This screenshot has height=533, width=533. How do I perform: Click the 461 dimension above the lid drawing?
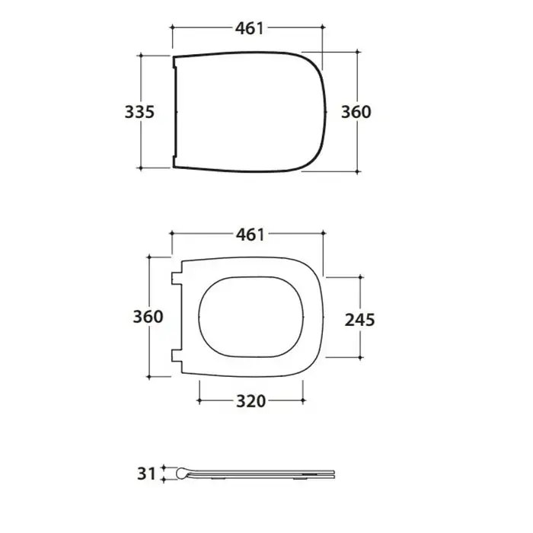[250, 29]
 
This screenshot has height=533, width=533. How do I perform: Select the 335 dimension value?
[139, 112]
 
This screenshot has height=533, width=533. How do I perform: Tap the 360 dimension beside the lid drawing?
[356, 112]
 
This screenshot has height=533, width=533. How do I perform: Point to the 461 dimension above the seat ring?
[251, 235]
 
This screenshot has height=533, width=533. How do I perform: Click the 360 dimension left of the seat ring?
[148, 317]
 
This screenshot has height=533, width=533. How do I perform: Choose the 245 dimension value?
[359, 320]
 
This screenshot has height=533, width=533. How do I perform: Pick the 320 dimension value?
[251, 401]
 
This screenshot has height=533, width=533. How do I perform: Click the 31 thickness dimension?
[146, 474]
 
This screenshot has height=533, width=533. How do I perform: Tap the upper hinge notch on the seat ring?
[177, 279]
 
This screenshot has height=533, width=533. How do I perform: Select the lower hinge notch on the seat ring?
[177, 356]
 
